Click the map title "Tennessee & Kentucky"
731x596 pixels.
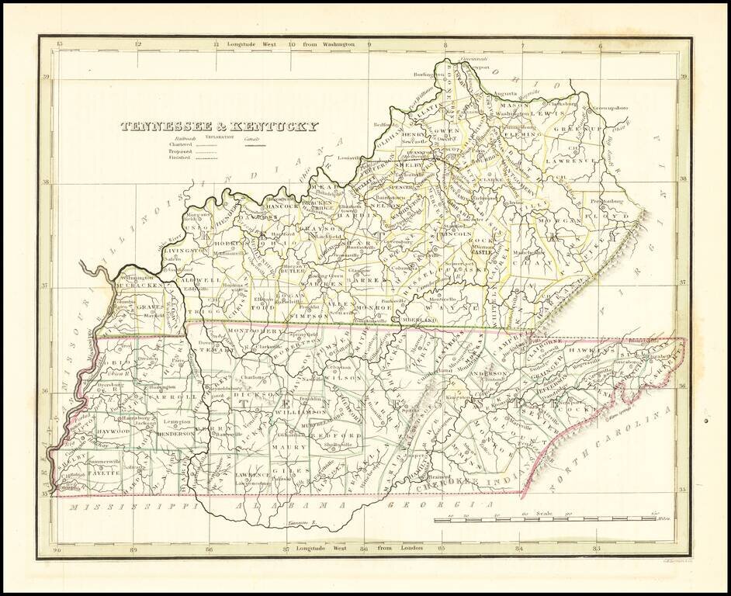tap(218, 126)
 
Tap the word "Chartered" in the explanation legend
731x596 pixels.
tap(179, 144)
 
